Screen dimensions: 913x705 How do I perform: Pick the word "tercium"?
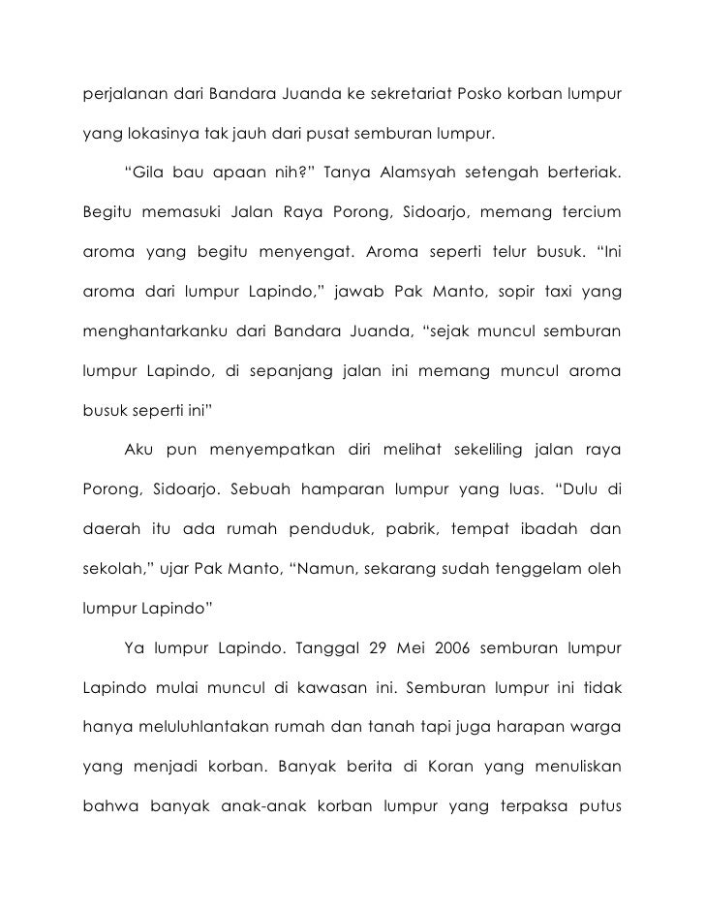[585, 211]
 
